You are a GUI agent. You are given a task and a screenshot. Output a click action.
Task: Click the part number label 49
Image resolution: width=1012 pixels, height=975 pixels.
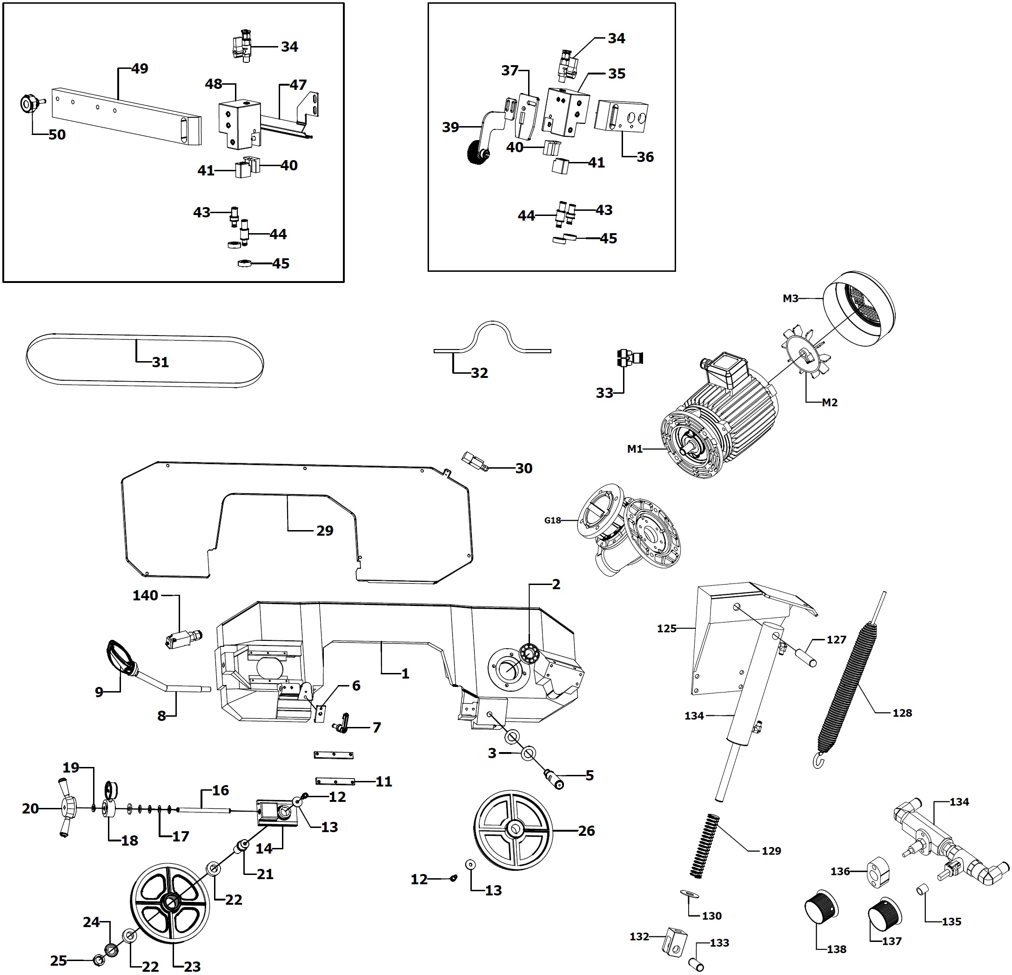coord(140,69)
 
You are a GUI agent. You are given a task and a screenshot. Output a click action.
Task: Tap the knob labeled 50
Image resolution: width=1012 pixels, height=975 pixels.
coord(28,103)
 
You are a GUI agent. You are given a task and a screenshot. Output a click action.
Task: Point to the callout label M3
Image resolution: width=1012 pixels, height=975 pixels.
coord(791,298)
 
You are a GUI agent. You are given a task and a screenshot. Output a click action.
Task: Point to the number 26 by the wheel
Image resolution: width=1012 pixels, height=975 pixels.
coord(586,830)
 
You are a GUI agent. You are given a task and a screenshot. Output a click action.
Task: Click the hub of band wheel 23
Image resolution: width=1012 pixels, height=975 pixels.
coord(169,901)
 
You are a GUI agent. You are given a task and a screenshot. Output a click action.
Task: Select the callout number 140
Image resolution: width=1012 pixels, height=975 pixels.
coord(145,595)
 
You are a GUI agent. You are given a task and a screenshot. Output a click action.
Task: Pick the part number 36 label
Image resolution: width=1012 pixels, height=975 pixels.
coord(645,157)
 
